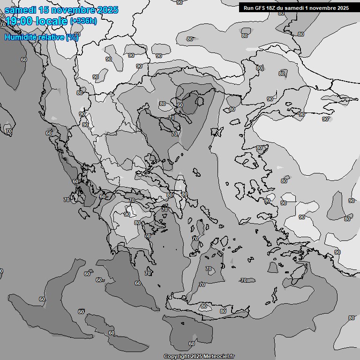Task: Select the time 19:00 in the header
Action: click(x=20, y=21)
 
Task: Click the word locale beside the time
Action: click(x=53, y=21)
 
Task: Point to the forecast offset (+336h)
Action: click(x=83, y=21)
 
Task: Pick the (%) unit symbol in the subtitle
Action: click(x=72, y=37)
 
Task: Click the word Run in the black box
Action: click(x=249, y=7)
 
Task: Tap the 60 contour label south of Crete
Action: click(x=191, y=344)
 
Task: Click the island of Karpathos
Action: click(x=273, y=293)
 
